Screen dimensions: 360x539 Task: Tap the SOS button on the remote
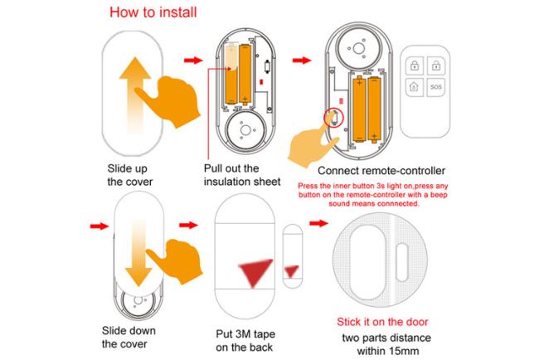436,86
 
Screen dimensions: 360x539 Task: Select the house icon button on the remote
414,86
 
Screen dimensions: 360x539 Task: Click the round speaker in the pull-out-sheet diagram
243,130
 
